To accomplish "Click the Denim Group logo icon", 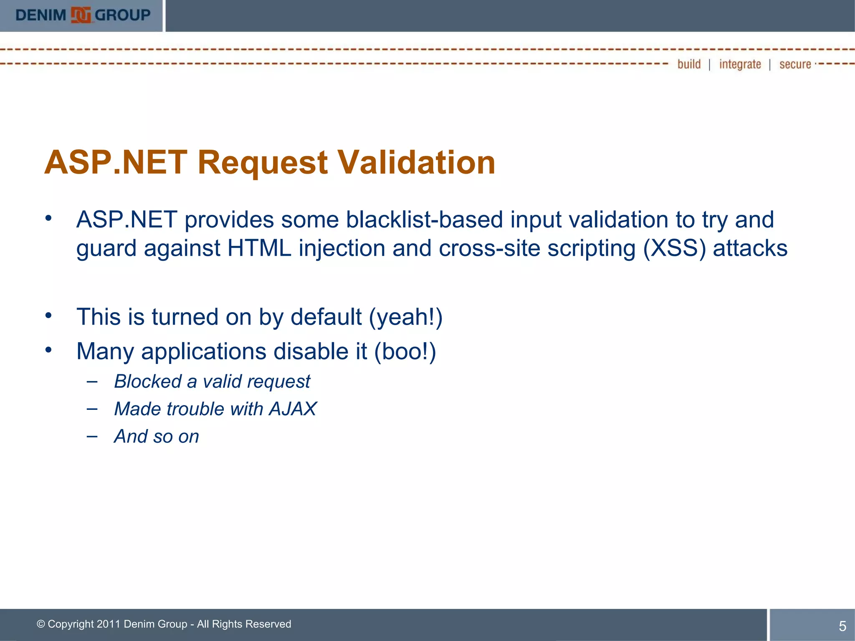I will (x=81, y=15).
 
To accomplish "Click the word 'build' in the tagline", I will (x=689, y=64).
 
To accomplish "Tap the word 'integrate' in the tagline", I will (x=740, y=64).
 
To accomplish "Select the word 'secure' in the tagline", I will (x=795, y=64).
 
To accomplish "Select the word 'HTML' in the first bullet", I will (x=259, y=248).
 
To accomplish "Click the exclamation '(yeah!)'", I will (x=405, y=317).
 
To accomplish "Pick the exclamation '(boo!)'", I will (x=405, y=351).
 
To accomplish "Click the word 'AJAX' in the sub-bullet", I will (x=293, y=409).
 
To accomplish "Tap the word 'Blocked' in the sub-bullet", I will (x=148, y=381).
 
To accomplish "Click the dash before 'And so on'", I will (x=92, y=437).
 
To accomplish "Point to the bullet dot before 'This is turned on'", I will (x=49, y=315).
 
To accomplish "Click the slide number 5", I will (x=842, y=626).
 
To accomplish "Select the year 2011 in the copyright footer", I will (x=109, y=624).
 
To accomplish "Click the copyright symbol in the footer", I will (x=40, y=624).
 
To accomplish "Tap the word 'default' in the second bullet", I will (x=326, y=317).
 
